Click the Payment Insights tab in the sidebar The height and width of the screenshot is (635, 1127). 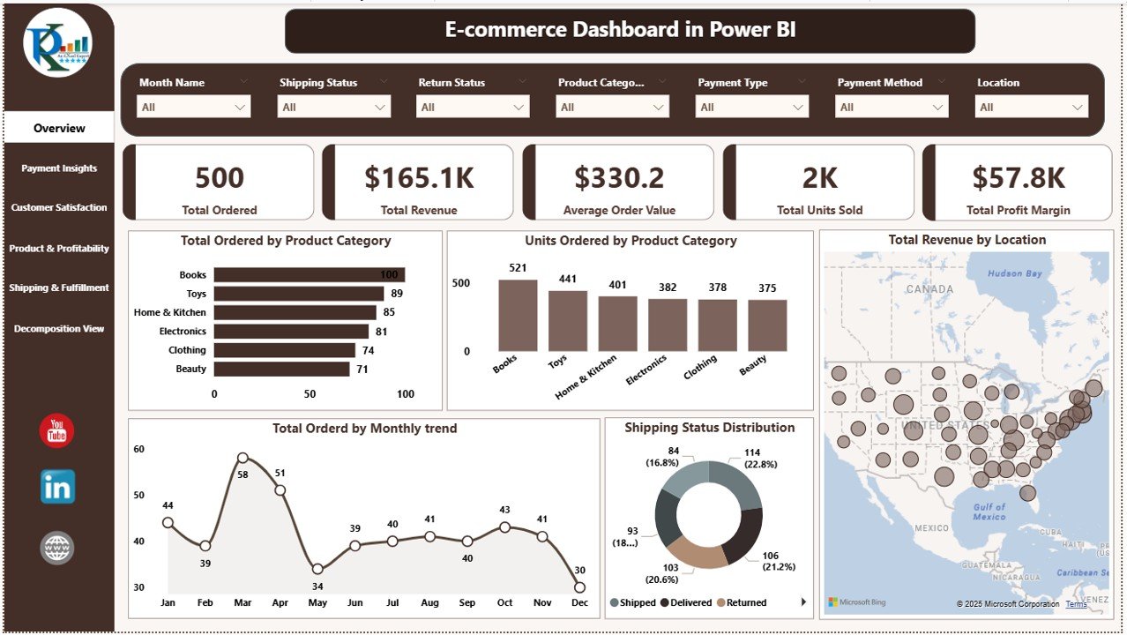pos(59,168)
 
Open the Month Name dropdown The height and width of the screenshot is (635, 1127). pos(194,108)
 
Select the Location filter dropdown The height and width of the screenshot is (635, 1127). pos(1032,108)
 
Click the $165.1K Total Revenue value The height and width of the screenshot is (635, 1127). pos(419,178)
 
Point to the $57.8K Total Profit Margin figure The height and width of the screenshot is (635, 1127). pos(1019,178)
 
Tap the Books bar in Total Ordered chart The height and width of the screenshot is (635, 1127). pos(309,275)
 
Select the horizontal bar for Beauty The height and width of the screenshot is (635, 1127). pos(281,369)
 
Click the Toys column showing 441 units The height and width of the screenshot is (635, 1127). pos(567,321)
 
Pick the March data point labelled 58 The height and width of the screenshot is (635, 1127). pos(243,459)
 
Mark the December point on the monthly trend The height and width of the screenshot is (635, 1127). pos(579,586)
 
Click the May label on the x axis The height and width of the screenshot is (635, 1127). pos(317,603)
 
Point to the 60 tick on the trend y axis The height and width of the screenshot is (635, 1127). pos(139,449)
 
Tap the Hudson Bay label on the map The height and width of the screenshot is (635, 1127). pos(1014,273)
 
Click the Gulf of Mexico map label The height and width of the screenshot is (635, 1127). pos(989,512)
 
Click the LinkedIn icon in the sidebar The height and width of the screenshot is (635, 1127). pos(57,487)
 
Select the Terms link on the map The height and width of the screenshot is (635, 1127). pos(1076,604)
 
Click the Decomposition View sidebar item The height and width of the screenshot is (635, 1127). pos(59,329)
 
